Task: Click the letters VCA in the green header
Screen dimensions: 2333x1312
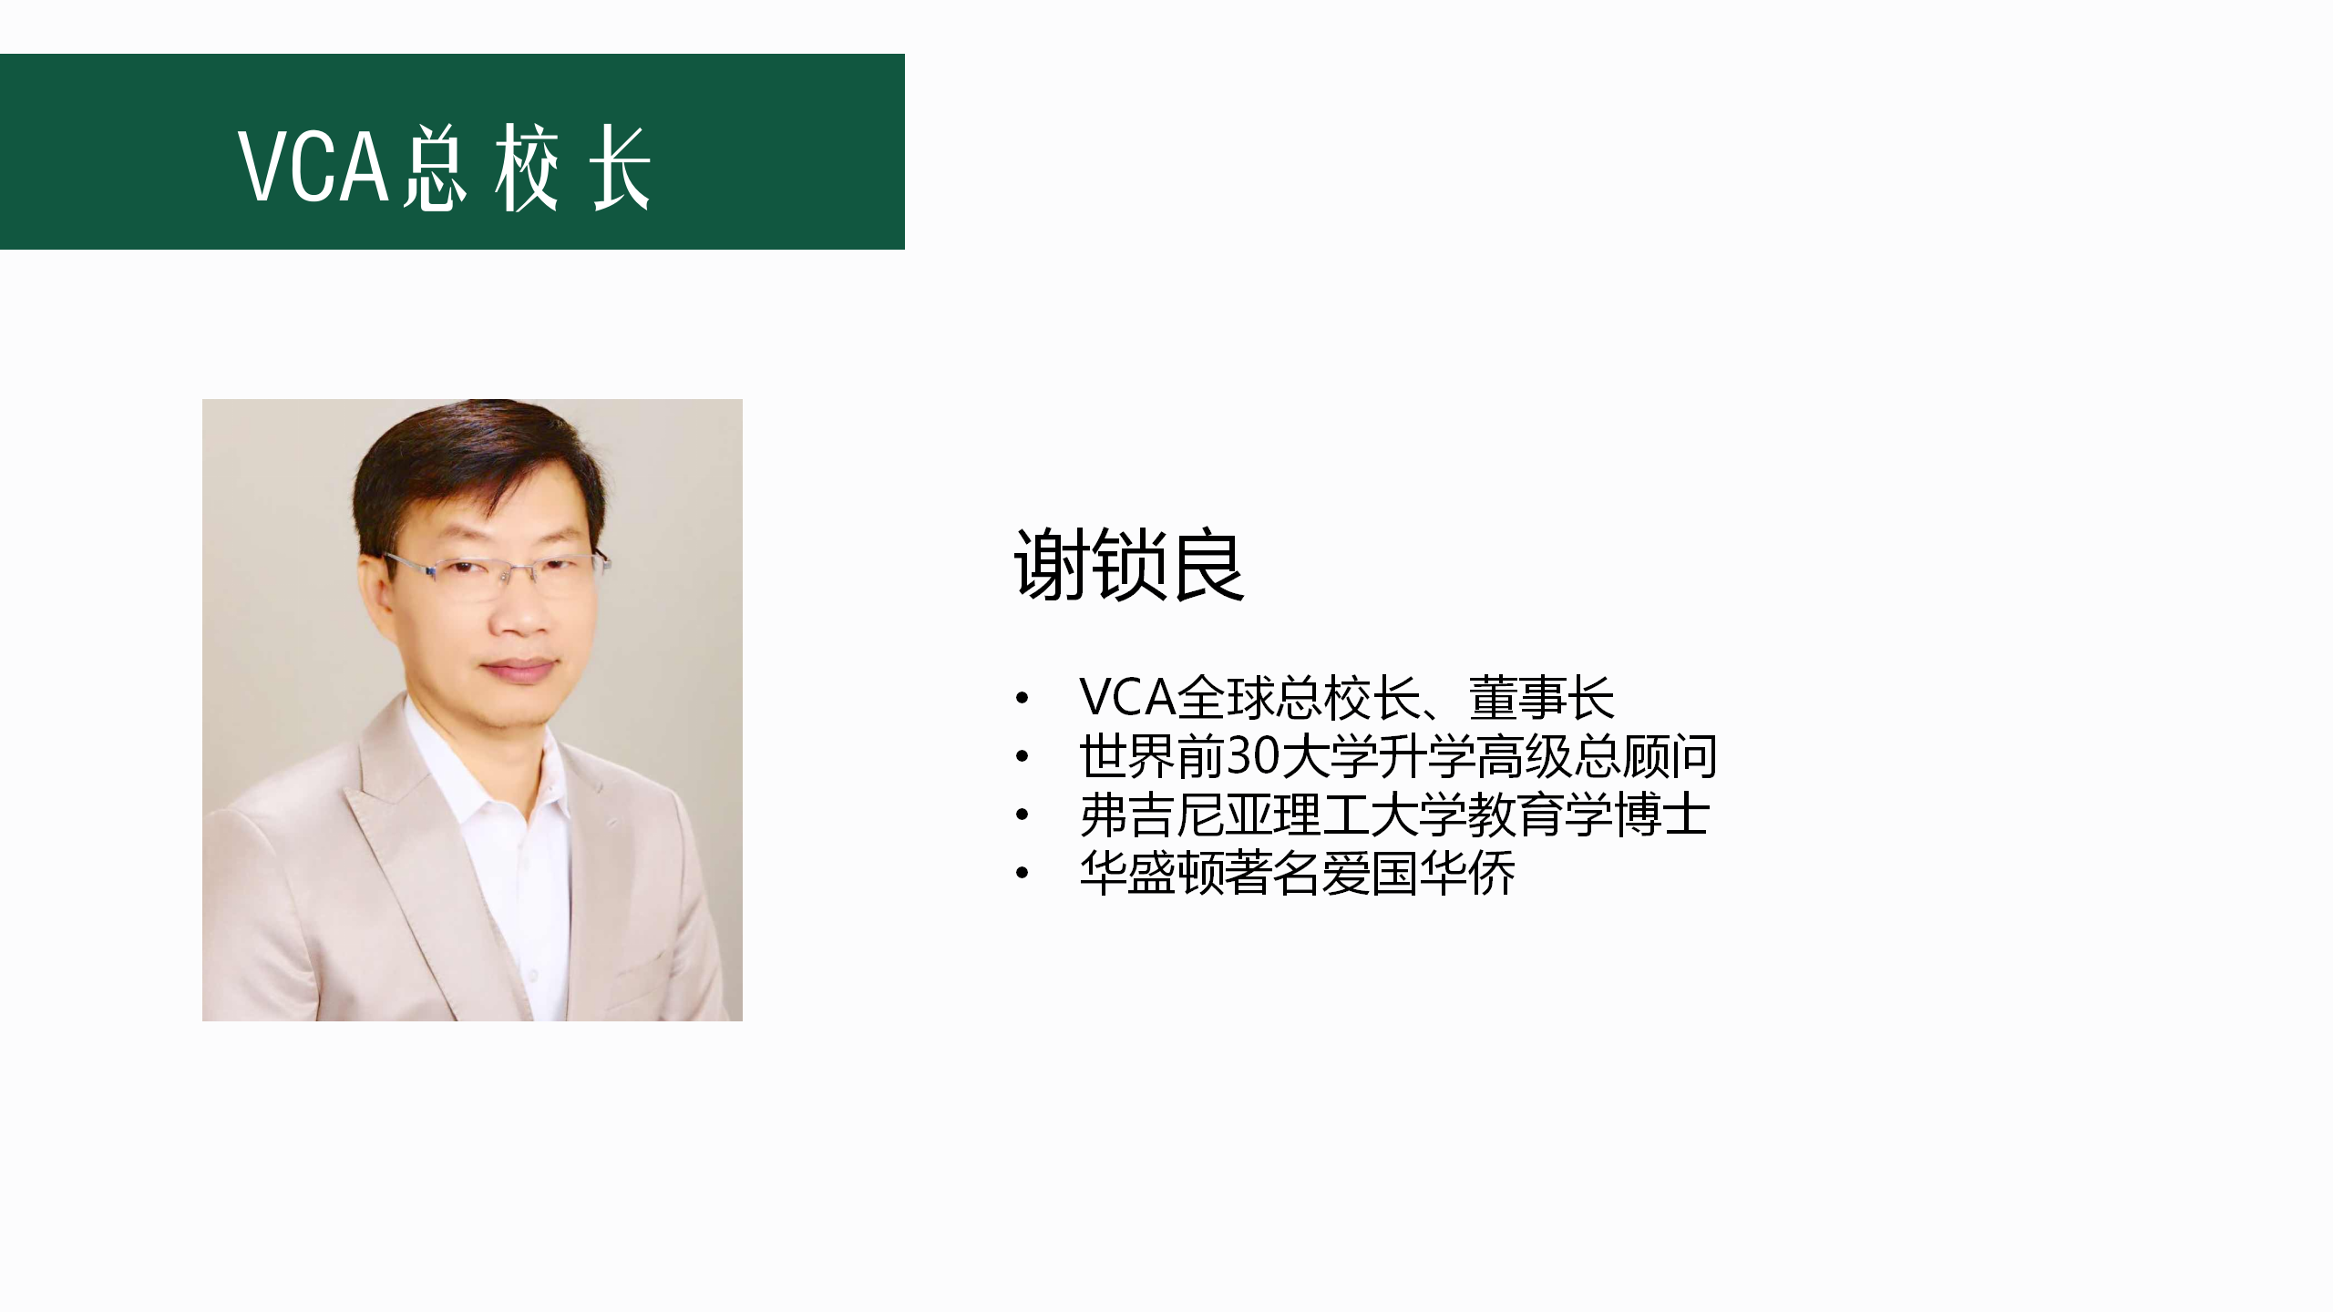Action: (x=314, y=166)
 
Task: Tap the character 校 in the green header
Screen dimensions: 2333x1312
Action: (x=528, y=169)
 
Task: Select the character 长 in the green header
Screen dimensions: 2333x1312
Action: (x=621, y=169)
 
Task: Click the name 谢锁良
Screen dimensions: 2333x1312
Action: (x=1129, y=565)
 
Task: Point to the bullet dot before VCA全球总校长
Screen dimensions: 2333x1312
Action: (x=1022, y=699)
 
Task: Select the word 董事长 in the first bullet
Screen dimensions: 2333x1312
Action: (x=1541, y=698)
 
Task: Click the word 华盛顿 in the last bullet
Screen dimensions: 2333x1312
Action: (x=1152, y=873)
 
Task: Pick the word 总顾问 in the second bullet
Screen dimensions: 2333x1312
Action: (x=1645, y=756)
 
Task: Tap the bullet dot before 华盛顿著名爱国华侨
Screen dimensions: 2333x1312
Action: (x=1022, y=874)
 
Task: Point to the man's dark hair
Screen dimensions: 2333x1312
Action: (x=474, y=465)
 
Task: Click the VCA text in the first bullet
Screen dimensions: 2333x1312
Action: (x=1126, y=698)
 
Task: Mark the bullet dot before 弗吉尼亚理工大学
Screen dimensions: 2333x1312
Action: (x=1022, y=815)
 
